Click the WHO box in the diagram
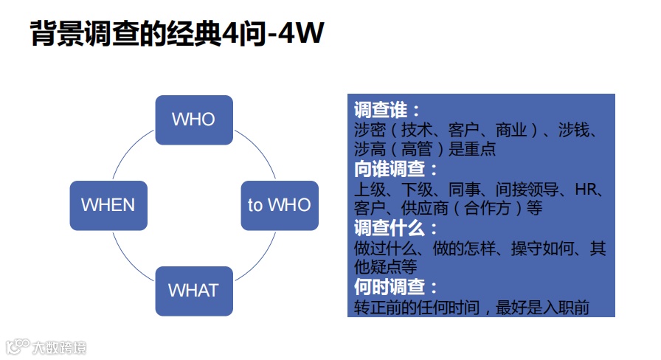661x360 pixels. point(193,120)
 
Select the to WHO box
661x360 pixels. point(279,205)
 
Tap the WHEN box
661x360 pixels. point(108,205)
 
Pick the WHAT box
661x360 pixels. point(193,291)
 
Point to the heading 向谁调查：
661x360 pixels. point(396,169)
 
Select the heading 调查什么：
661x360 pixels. point(396,228)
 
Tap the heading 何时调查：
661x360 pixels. point(396,287)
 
